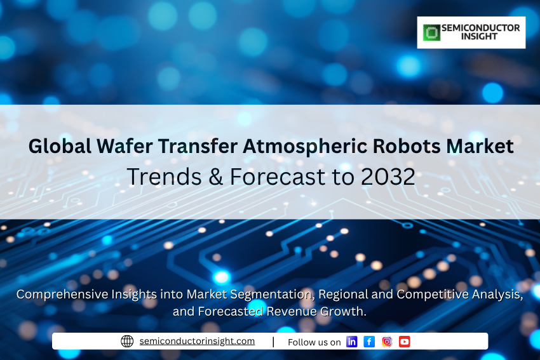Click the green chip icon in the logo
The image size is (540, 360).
(x=431, y=32)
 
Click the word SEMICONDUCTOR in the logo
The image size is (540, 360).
(x=481, y=28)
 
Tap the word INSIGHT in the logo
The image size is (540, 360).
(x=480, y=36)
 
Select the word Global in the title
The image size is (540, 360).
(x=60, y=146)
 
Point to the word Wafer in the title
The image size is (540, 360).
(x=125, y=146)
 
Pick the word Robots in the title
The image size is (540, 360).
(x=407, y=146)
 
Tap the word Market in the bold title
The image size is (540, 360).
(x=480, y=146)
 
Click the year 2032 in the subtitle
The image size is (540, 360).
(x=388, y=177)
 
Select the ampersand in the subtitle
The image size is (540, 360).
(x=215, y=177)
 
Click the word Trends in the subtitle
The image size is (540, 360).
(x=165, y=177)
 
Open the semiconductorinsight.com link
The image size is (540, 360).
(x=197, y=341)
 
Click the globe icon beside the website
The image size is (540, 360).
(x=127, y=341)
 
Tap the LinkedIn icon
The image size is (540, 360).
(x=351, y=342)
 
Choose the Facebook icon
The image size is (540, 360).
(x=369, y=342)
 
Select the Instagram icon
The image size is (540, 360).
(x=387, y=342)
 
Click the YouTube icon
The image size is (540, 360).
(x=404, y=342)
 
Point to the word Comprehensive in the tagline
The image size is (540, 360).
(x=62, y=295)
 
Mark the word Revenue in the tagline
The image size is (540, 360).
(x=292, y=311)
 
